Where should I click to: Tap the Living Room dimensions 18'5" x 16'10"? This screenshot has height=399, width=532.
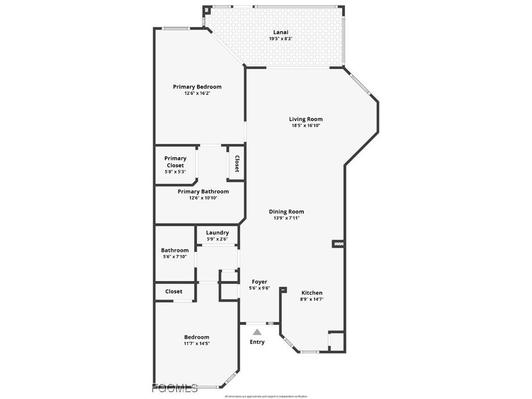306,126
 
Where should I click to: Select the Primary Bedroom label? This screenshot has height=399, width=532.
197,87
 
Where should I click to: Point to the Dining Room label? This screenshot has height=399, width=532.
286,211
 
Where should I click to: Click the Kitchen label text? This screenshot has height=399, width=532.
312,293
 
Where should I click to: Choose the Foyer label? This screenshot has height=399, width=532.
259,282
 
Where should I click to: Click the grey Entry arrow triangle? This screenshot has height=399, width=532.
257,332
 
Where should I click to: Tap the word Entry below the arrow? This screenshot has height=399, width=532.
257,342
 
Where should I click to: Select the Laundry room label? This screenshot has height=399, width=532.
217,233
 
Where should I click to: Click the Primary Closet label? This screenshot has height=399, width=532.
175,162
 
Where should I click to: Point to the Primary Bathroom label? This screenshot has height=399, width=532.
203,191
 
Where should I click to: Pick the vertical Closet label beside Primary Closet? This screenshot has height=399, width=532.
237,164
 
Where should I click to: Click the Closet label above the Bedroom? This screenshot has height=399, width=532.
174,291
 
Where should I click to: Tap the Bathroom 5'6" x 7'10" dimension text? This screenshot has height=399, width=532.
175,257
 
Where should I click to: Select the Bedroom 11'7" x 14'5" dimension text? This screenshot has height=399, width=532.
196,343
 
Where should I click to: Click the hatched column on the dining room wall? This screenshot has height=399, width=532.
338,243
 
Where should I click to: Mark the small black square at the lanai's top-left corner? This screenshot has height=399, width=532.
207,9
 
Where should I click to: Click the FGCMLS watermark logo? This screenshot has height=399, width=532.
175,388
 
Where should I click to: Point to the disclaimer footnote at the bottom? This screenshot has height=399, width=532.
266,396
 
